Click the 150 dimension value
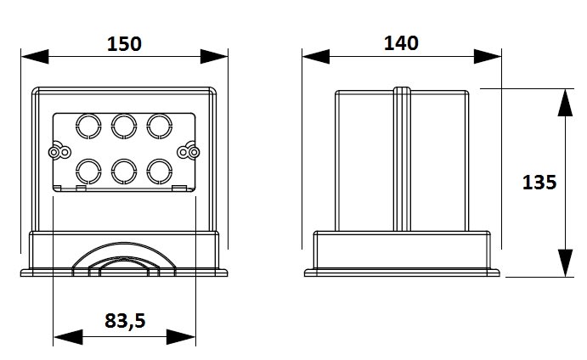124,44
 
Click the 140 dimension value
401,43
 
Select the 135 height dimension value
539,183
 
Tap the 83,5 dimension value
125,321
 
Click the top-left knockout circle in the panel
88,127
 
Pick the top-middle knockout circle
124,127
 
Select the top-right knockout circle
160,127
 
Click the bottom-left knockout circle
88,172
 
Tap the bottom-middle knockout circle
124,172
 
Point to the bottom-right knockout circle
160,172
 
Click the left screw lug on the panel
59,151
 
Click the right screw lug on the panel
189,151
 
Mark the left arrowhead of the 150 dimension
35,57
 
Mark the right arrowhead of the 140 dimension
488,57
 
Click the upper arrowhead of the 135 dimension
565,103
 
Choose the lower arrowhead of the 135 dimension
565,262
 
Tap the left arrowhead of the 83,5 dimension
68,337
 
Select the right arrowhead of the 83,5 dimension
181,337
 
